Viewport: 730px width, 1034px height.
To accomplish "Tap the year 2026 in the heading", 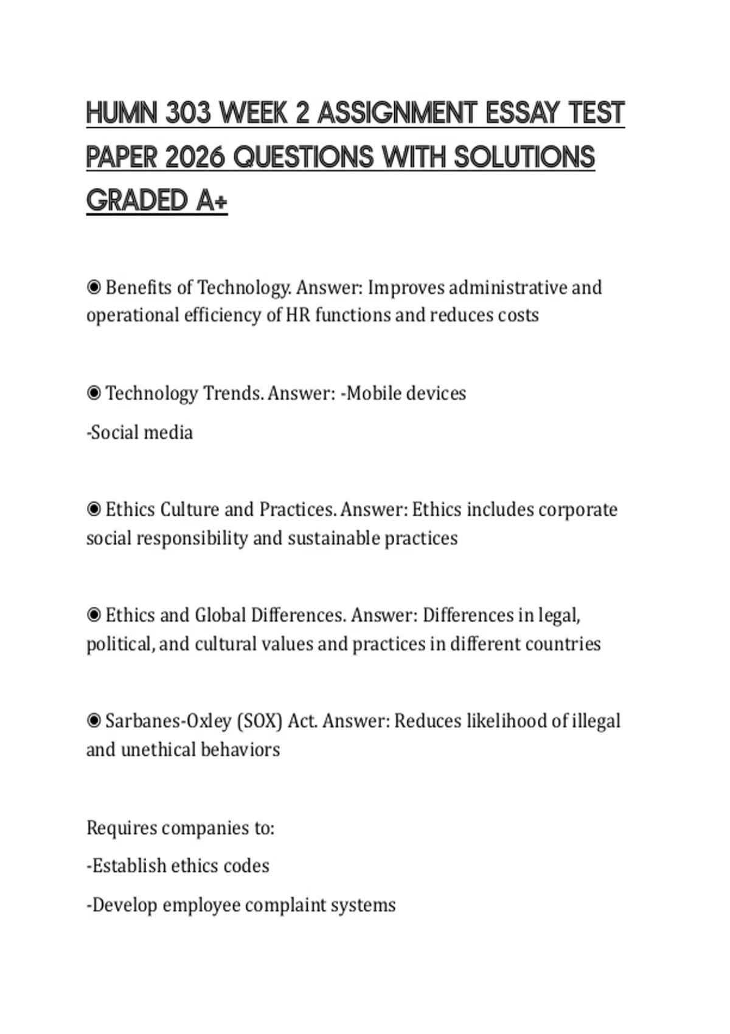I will (195, 158).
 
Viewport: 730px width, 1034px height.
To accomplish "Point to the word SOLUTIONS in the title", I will (524, 158).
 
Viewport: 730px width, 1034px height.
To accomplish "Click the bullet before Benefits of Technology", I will (94, 287).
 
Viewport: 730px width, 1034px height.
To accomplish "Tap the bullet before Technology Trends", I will (94, 394).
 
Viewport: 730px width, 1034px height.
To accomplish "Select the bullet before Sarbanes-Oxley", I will (94, 721).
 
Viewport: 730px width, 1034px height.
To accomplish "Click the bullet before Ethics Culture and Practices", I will (94, 509).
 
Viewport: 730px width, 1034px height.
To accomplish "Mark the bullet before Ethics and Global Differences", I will (94, 616).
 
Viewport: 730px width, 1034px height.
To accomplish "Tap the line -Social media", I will (140, 432).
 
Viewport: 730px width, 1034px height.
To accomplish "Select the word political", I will (119, 644).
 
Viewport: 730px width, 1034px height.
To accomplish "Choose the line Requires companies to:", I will (180, 828).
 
